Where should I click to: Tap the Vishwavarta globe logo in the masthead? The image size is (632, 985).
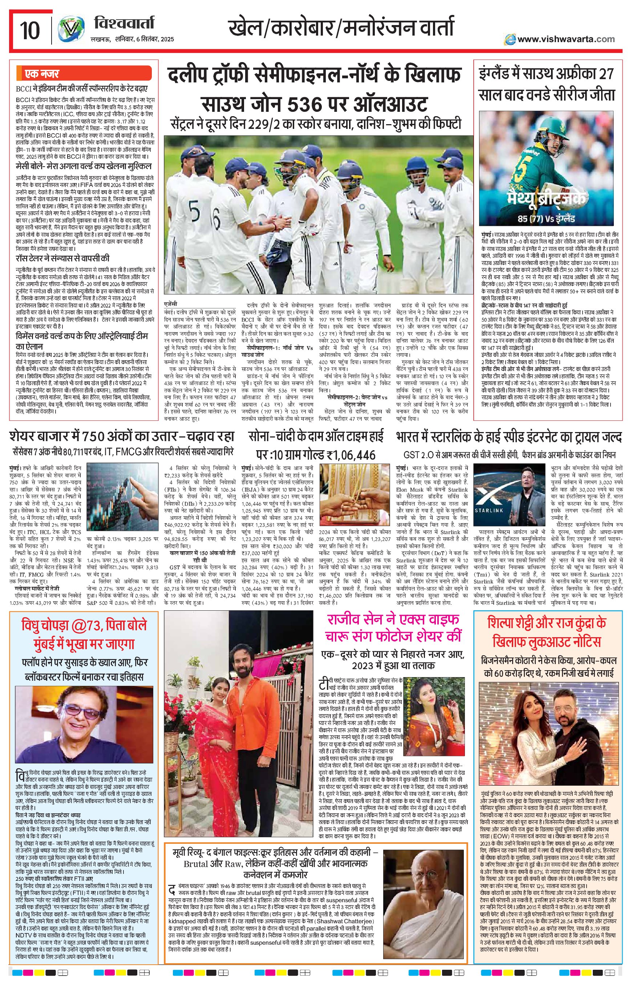click(x=70, y=30)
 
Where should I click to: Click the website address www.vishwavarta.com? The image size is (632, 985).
click(x=566, y=39)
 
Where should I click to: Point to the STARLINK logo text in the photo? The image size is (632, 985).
click(x=489, y=510)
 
